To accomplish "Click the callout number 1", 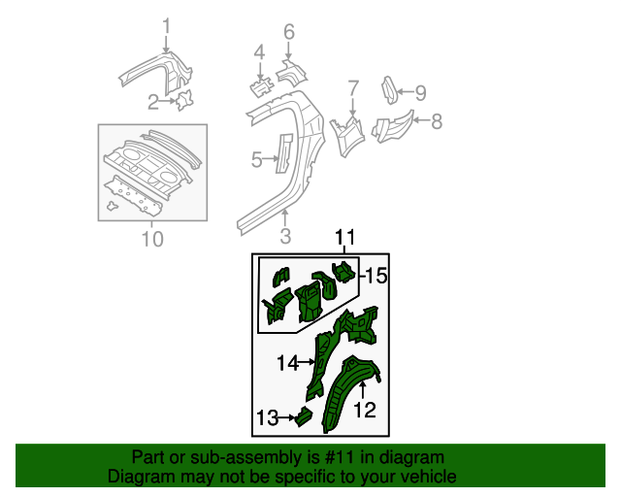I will click(166, 26).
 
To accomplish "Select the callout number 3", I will click(285, 236).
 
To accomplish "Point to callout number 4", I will click(259, 52).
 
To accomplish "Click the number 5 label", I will click(256, 159).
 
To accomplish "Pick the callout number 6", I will click(288, 32).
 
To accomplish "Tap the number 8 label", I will click(437, 121).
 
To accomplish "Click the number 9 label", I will click(420, 93).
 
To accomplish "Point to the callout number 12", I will click(364, 410).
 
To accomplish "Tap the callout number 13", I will click(267, 418).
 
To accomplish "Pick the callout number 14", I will click(287, 363).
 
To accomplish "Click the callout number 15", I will click(376, 278).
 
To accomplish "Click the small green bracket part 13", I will click(303, 418).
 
